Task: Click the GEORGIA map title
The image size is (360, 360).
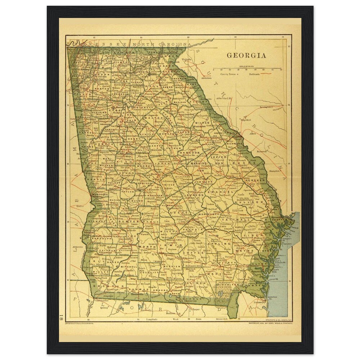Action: click(x=246, y=55)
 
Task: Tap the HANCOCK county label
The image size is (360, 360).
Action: click(x=190, y=153)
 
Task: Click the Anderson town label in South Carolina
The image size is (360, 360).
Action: click(x=206, y=77)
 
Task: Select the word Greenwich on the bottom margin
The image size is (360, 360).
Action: click(x=222, y=319)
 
